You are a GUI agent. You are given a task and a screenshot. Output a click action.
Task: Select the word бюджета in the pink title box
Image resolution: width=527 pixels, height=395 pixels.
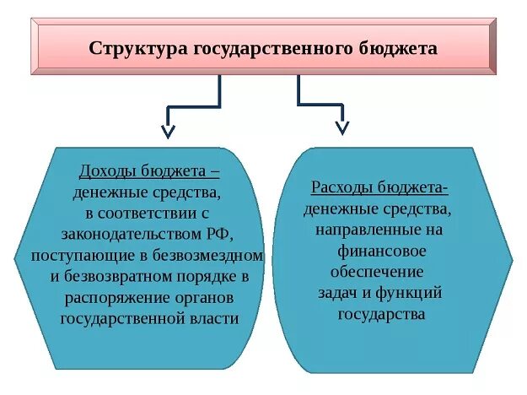tap(399, 47)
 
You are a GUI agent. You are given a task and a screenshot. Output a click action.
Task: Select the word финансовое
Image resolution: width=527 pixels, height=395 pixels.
tap(382, 251)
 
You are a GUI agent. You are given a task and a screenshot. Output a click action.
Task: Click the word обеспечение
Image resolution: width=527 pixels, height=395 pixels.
tap(382, 272)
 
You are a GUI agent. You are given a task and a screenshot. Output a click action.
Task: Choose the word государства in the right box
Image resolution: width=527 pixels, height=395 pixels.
tap(382, 314)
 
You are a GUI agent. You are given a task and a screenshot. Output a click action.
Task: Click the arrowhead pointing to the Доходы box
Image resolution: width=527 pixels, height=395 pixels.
tap(168, 131)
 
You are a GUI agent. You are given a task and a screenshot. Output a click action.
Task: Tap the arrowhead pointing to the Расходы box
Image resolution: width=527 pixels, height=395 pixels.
tap(341, 127)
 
